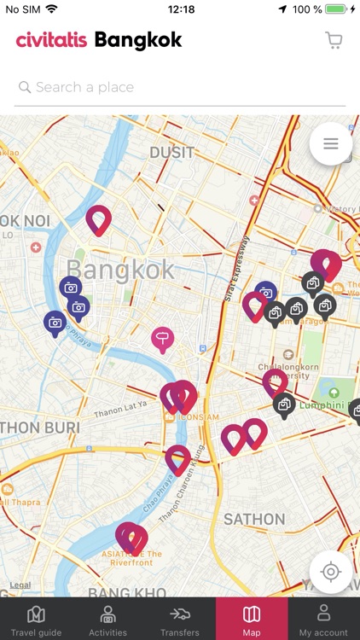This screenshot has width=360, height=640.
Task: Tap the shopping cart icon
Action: point(334,40)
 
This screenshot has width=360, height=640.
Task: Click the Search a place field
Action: point(180,87)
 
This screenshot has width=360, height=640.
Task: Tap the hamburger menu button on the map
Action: point(331,144)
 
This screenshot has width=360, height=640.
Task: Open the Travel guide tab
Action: point(36,620)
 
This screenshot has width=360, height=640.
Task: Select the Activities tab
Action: point(107,620)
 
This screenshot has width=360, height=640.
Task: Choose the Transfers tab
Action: point(179,620)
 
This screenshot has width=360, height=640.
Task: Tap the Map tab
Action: point(252,620)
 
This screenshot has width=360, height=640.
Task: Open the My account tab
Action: point(323,620)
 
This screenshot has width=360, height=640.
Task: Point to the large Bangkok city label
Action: point(120,271)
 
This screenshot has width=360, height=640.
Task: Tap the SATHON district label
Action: point(254,519)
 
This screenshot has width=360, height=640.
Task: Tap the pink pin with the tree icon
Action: point(162,340)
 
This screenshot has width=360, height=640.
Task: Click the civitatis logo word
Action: point(51,40)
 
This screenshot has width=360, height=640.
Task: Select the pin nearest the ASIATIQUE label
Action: point(131,538)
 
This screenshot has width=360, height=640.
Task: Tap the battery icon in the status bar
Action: point(337,9)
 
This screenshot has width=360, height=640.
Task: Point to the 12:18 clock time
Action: point(181,9)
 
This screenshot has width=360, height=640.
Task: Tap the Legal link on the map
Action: point(20,585)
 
